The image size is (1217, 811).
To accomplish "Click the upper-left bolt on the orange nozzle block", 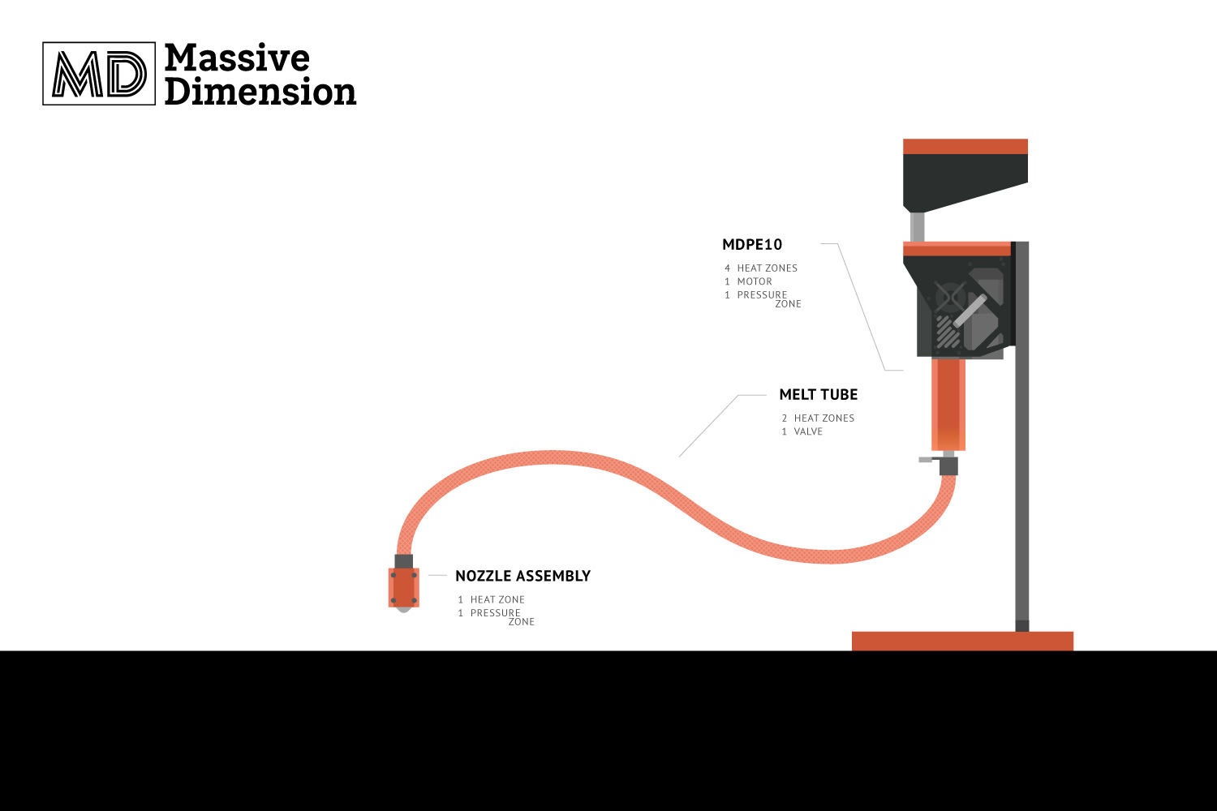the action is pos(393,575).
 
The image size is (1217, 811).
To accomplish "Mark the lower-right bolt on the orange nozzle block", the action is pos(414,600).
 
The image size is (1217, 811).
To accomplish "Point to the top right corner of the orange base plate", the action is pos(1073,632).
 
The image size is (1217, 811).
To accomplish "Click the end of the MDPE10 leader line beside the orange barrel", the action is pos(903,371).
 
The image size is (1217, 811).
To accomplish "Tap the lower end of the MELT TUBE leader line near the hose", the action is pos(679,457).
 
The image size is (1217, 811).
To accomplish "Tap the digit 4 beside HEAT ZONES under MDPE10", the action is pos(727,268).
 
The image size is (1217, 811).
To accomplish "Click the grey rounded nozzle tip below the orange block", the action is pos(403,610).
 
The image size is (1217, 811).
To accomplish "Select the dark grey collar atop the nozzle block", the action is pos(404,561).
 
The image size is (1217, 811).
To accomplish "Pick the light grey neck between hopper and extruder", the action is pos(917,226).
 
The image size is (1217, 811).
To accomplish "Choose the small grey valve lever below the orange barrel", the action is pos(926,460).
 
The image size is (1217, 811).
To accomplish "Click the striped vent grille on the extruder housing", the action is pos(948,331).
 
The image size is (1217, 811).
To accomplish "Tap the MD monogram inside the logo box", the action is pos(100,74).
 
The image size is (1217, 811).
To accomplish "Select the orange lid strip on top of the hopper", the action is pos(965,147).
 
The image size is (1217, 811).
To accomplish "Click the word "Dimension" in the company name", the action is pos(260,92).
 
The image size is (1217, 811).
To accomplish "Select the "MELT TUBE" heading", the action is pos(818,394).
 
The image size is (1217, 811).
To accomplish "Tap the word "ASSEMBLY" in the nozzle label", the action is pos(553,576).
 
